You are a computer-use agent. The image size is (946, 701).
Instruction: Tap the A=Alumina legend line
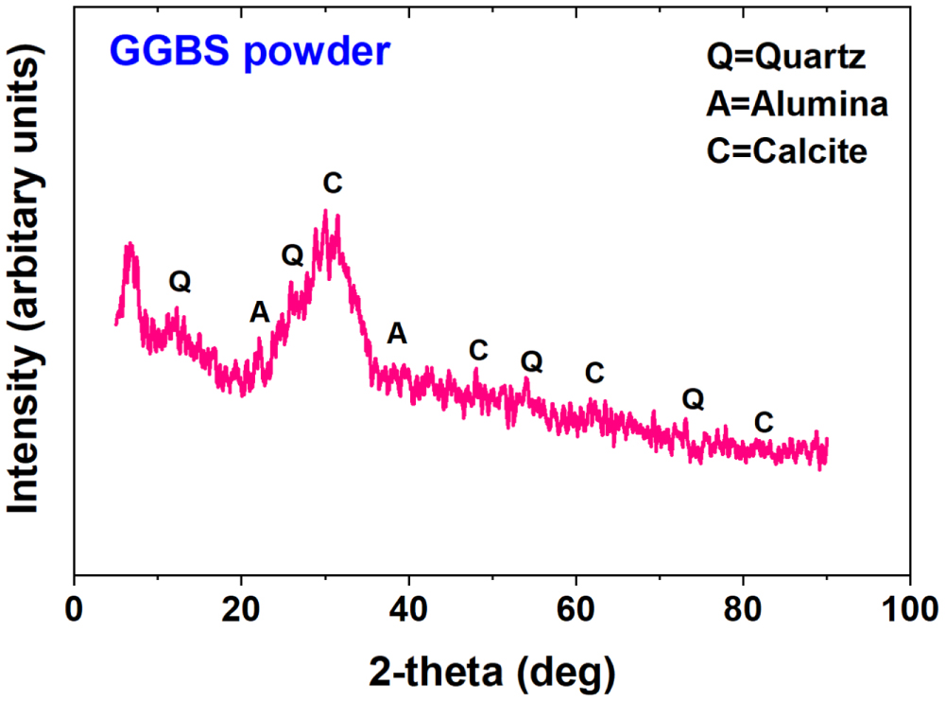(797, 104)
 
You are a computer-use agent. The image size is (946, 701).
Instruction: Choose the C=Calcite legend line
(786, 149)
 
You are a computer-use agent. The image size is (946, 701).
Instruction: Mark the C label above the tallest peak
(332, 184)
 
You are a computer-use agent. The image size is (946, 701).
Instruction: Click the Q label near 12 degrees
(180, 281)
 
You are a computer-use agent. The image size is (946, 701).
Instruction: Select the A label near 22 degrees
(260, 312)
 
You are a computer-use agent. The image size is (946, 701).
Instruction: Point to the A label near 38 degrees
(398, 333)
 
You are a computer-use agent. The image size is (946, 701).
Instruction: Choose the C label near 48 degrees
(478, 351)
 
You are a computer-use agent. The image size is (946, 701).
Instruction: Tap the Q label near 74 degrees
(693, 400)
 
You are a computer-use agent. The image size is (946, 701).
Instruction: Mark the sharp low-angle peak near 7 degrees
(129, 248)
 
